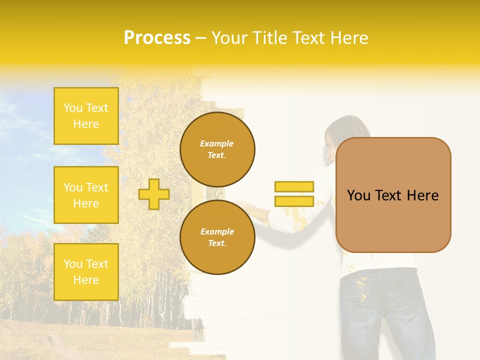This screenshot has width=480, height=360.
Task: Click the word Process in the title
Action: pyautogui.click(x=157, y=38)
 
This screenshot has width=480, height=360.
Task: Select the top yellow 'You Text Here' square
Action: pyautogui.click(x=86, y=116)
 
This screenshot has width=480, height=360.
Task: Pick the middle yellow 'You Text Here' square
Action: pyautogui.click(x=86, y=195)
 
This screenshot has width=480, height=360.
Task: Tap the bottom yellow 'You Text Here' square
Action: pyautogui.click(x=86, y=272)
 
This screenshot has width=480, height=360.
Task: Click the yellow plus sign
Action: pyautogui.click(x=154, y=194)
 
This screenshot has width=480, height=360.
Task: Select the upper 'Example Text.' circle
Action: pyautogui.click(x=217, y=149)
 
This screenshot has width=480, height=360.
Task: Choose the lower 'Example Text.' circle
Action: pyautogui.click(x=217, y=237)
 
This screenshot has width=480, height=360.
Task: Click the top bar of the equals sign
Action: pyautogui.click(x=294, y=186)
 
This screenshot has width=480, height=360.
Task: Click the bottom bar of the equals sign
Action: pyautogui.click(x=294, y=201)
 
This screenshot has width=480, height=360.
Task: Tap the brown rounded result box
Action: pyautogui.click(x=393, y=195)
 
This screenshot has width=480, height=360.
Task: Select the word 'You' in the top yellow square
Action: pyautogui.click(x=72, y=108)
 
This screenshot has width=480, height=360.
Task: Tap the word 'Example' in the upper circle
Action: pyautogui.click(x=216, y=143)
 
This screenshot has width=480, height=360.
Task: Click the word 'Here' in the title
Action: pyautogui.click(x=351, y=38)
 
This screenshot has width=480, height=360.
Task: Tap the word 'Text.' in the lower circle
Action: pyautogui.click(x=217, y=243)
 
